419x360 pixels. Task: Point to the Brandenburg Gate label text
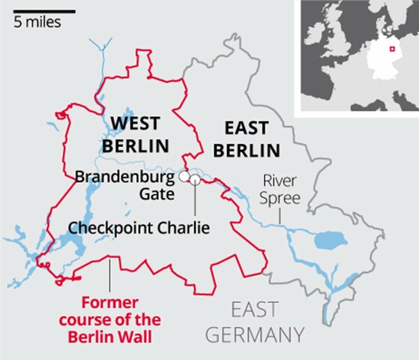[124, 185]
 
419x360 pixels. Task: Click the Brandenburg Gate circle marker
[182, 176]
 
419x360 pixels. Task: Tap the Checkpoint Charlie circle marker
[195, 179]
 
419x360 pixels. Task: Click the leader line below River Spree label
[280, 215]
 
